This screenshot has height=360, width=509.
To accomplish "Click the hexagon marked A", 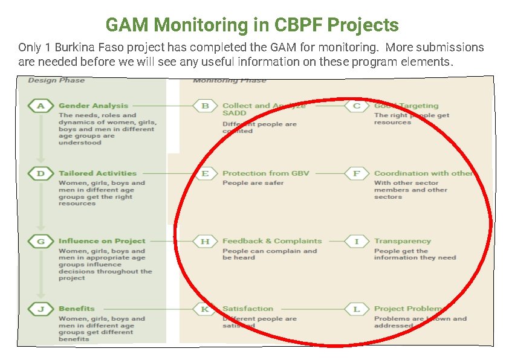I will [x=41, y=106].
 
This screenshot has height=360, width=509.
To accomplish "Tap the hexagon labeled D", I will [x=41, y=173].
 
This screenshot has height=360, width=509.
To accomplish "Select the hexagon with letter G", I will [x=41, y=241].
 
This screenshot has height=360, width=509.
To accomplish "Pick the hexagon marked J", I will [x=41, y=309].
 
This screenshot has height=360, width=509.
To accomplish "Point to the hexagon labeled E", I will [x=205, y=173].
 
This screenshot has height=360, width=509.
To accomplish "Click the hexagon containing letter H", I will [x=205, y=241].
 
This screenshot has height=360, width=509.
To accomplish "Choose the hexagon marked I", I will [x=356, y=241].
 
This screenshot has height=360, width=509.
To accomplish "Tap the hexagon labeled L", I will [x=356, y=309].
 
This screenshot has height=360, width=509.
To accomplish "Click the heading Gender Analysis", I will [x=93, y=106].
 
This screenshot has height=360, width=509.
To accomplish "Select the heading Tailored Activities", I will [x=97, y=173].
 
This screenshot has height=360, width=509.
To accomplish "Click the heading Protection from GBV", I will [x=265, y=173].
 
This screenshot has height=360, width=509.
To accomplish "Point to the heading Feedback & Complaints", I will [x=272, y=241].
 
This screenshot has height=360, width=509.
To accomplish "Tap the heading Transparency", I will [x=402, y=241].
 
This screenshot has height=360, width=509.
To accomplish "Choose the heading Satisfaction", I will [x=248, y=309].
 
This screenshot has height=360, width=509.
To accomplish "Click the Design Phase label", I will [x=56, y=80].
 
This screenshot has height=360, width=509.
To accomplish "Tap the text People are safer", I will [x=253, y=183].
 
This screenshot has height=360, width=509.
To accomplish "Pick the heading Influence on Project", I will [x=102, y=241].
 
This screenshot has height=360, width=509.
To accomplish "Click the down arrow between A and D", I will [x=41, y=139].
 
